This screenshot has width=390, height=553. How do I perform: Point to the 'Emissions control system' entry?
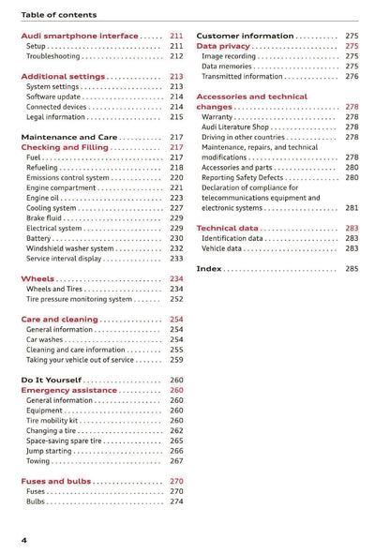coord(67,178)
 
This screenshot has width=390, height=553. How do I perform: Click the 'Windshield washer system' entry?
coord(71,248)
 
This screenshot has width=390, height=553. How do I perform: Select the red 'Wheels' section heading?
coord(37,279)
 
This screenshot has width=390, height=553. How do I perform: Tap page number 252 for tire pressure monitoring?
coord(176,299)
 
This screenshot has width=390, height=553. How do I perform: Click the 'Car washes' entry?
coord(46,340)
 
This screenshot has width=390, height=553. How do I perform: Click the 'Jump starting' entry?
coord(52,451)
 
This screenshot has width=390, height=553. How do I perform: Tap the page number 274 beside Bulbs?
coord(176,501)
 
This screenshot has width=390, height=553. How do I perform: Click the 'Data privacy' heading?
coord(223,46)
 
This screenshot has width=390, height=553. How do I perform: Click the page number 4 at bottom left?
coord(24,541)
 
